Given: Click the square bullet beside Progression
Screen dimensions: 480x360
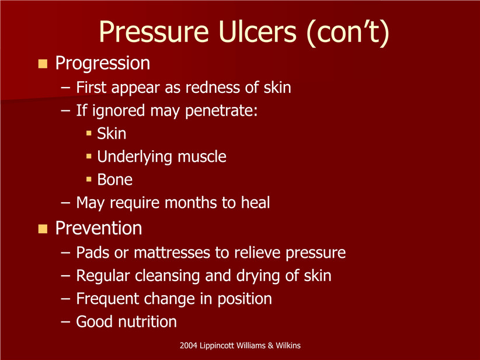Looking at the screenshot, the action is [x=43, y=64].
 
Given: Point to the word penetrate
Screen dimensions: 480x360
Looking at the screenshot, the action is [x=221, y=111].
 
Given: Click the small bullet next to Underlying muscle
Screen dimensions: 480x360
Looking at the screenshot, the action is [x=89, y=156].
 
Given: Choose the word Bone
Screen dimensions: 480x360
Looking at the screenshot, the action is [x=115, y=179].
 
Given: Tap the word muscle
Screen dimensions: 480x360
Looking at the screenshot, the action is [x=202, y=157].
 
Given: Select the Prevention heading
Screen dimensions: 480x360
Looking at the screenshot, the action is [x=99, y=229].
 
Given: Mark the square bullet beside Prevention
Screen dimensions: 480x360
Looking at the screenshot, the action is [x=43, y=229].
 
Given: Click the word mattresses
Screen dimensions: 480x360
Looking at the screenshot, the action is [x=172, y=253].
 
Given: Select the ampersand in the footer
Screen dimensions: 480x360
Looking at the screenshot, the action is [x=270, y=345].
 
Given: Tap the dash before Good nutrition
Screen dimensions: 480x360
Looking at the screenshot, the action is [x=65, y=322].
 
